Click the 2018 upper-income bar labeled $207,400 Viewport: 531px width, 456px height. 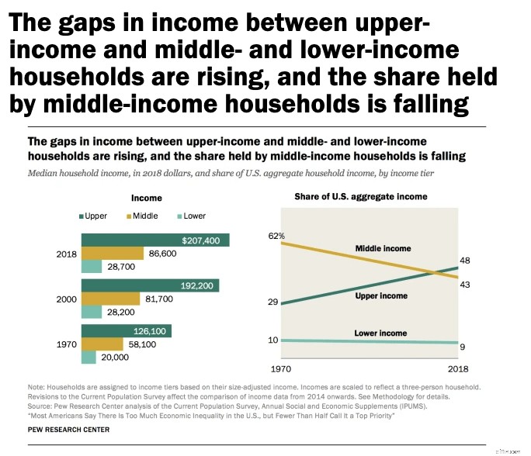tap(155, 240)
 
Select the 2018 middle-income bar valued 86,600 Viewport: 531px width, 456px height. tap(112, 254)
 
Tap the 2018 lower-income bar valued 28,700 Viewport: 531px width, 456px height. tap(91, 266)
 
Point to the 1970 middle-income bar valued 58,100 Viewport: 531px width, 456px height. tap(102, 344)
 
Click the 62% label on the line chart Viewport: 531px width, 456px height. tap(277, 235)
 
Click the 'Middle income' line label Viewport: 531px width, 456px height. tap(383, 248)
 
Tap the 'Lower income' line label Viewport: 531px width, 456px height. tap(380, 333)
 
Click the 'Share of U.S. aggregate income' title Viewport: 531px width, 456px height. tap(361, 197)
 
